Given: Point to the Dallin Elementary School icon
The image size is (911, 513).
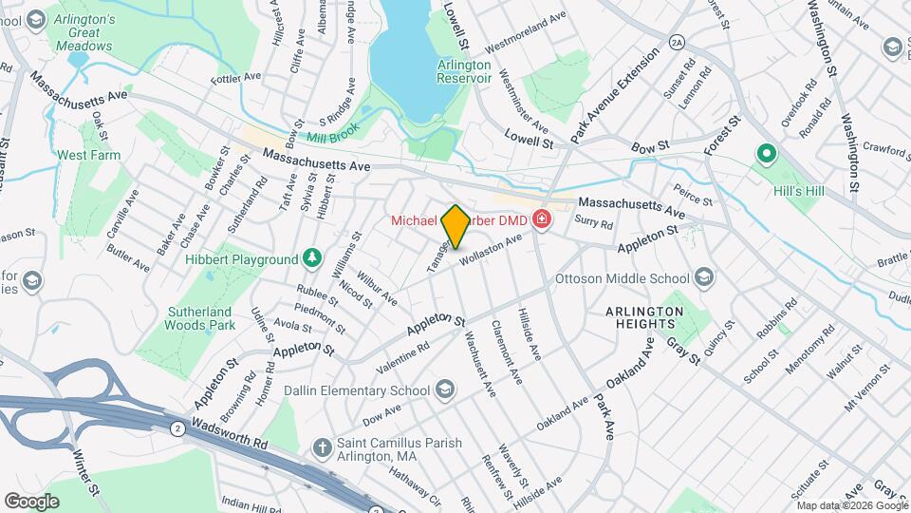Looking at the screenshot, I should click(445, 390).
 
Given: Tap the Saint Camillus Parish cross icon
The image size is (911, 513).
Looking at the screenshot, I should click(323, 446).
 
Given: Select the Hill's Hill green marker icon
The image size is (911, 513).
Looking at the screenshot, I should click(766, 153).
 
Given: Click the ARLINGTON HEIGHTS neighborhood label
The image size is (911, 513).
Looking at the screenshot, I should click(645, 317).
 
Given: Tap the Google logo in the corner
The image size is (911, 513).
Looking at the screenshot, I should click(31, 501).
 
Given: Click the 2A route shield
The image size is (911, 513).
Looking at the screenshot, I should click(676, 42).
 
